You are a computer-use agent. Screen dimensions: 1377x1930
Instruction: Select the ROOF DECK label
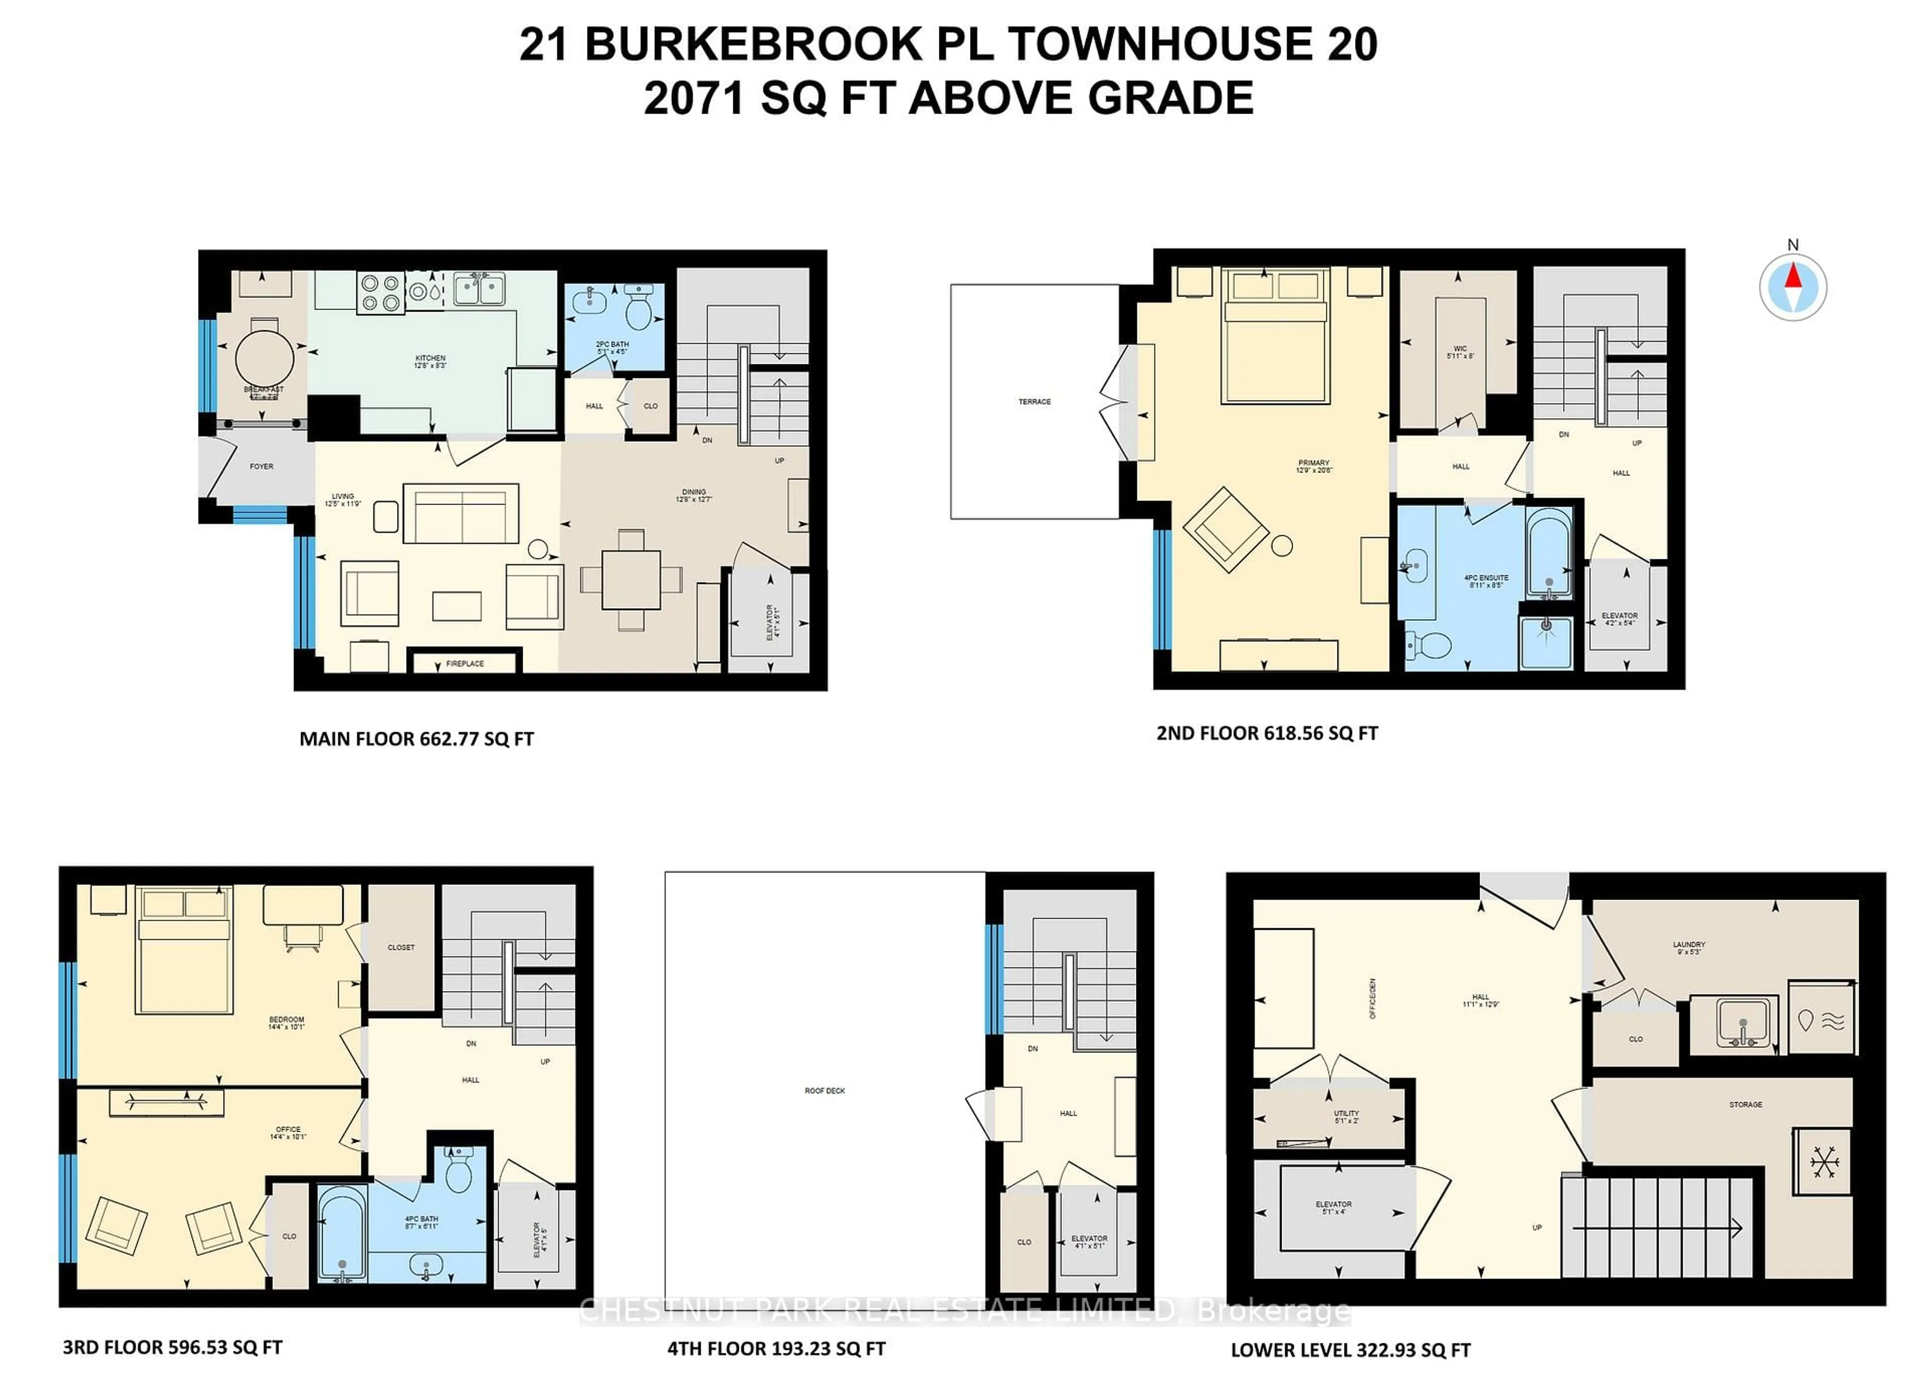coord(824,1091)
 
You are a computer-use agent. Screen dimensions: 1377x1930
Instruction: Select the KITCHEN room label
coord(430,359)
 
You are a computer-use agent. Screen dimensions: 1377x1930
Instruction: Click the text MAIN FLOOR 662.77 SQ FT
coord(416,739)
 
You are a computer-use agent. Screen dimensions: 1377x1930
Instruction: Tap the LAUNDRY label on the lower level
coord(1688,945)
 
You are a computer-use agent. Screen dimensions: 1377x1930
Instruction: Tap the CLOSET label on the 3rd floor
coord(401,948)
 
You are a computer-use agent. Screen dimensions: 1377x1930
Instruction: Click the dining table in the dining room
coord(631,580)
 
